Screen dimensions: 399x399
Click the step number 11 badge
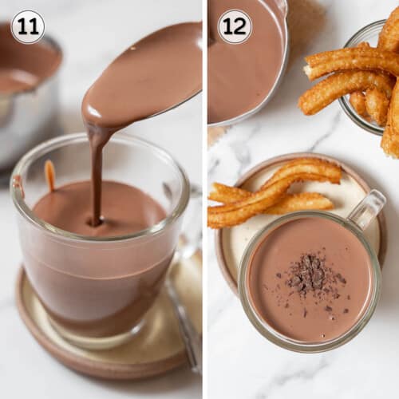coord(27,26)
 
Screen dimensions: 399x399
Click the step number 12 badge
coord(235,26)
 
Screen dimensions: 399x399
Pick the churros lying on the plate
coord(271,192)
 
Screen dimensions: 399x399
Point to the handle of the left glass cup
coord(185,303)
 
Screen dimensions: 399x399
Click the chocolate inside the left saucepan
coord(20,80)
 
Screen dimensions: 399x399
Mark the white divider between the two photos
coord(203,199)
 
